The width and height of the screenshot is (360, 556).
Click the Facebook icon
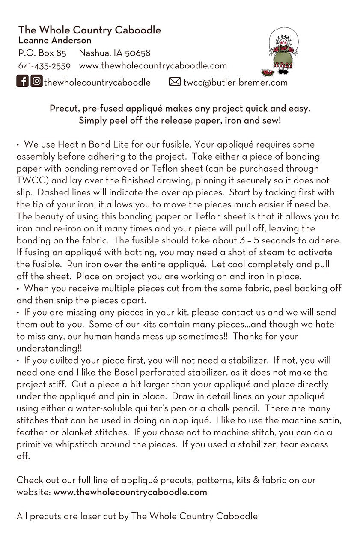[x=23, y=81]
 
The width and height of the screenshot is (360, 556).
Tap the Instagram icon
[x=37, y=81]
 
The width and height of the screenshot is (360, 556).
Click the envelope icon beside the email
[x=175, y=82]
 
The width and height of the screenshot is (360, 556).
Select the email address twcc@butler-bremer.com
[x=235, y=82]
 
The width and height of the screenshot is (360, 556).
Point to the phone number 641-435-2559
[x=44, y=66]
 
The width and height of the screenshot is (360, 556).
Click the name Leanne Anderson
[x=55, y=41]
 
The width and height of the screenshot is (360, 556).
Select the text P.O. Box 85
[x=42, y=53]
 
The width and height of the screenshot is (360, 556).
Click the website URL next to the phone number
[x=153, y=66]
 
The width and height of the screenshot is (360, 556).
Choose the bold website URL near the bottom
[x=130, y=492]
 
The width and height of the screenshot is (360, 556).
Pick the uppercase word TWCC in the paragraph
[x=30, y=180]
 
